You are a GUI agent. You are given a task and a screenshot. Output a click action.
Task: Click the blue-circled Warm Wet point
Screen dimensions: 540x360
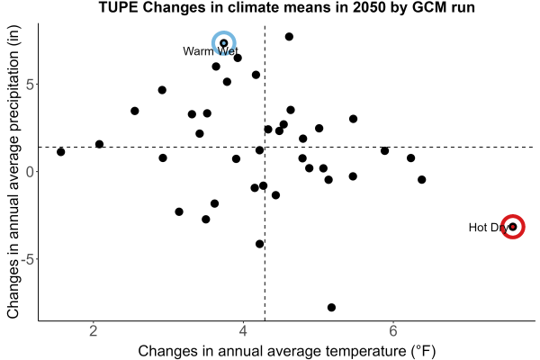(224, 43)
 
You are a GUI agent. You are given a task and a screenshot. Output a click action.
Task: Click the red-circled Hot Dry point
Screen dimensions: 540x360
(513, 227)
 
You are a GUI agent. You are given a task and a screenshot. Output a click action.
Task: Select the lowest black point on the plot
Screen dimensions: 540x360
(331, 307)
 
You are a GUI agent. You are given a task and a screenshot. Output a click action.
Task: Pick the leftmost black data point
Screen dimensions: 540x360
(60, 152)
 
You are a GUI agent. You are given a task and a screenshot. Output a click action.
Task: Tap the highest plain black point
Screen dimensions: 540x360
(289, 37)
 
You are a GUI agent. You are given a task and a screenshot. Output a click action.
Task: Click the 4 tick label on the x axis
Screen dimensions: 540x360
(244, 331)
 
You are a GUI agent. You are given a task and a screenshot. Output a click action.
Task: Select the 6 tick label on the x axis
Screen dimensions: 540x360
(393, 331)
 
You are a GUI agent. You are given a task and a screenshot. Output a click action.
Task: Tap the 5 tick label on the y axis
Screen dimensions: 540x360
(31, 85)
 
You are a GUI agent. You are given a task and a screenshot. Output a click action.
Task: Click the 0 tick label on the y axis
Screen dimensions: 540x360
(31, 172)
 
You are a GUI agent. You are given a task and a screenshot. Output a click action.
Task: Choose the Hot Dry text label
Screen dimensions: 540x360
(489, 228)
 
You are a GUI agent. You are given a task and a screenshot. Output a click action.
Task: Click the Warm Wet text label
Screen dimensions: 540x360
(211, 51)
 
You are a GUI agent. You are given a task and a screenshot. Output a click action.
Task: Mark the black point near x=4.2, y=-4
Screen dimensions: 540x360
(260, 244)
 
